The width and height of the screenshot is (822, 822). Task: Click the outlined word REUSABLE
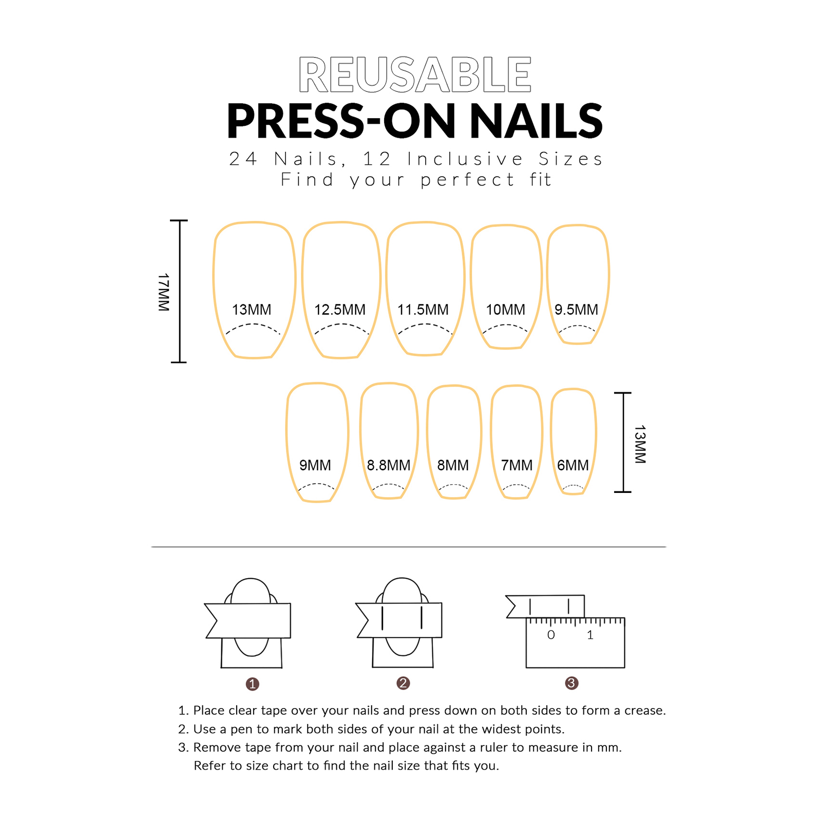coord(414,75)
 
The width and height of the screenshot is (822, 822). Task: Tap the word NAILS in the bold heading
coord(536,121)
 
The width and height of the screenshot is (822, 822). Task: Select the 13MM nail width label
coord(251,310)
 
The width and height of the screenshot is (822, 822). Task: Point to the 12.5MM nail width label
coord(339,310)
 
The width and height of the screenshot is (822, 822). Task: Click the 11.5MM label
coord(423,310)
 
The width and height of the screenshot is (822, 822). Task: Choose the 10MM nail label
coord(505,310)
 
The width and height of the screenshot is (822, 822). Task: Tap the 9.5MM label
coord(576,310)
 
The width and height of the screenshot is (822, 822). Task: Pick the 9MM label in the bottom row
coord(315,465)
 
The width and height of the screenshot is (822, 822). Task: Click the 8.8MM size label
coord(388,465)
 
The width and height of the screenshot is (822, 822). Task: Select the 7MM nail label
coord(517,465)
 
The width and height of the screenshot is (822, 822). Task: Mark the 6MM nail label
coord(572,465)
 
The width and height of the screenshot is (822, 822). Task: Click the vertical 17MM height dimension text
coord(163,292)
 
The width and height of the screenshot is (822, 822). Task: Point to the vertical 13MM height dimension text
coord(640,444)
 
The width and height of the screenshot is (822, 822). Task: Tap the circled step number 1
coord(252,684)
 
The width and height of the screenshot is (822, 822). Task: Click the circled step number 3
coord(571,683)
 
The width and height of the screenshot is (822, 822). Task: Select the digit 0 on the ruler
coord(551,635)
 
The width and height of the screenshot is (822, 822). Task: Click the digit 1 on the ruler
coord(590,635)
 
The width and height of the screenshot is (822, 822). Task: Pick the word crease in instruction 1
coord(644,711)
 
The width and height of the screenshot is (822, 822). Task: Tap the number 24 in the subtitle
coord(242,159)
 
